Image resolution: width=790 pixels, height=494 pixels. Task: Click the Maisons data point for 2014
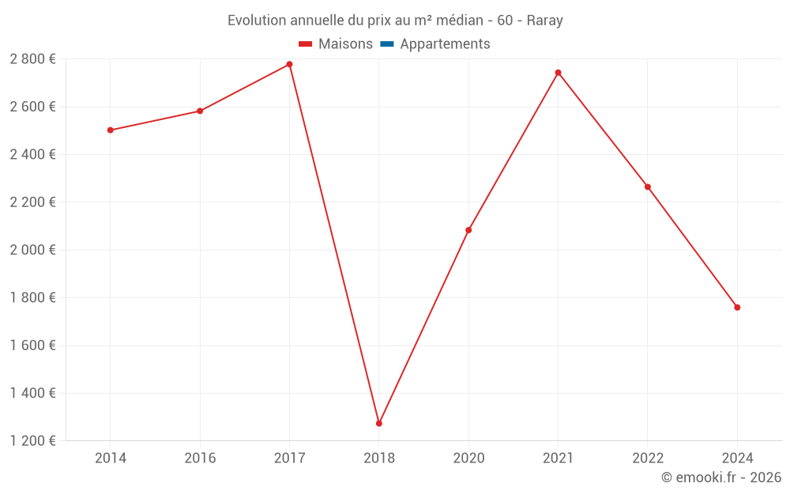click(x=110, y=130)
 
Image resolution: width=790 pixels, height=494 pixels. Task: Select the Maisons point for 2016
click(x=200, y=111)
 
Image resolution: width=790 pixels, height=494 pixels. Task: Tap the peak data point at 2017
click(x=289, y=64)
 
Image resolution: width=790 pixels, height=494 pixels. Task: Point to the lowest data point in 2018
click(x=379, y=424)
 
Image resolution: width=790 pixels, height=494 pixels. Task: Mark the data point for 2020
click(x=468, y=230)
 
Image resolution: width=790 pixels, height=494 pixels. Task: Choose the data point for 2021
click(x=558, y=73)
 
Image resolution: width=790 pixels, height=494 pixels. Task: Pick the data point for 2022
click(x=648, y=187)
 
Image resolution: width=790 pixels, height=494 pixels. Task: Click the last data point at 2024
click(x=737, y=307)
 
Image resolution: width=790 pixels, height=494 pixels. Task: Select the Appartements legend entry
click(x=445, y=44)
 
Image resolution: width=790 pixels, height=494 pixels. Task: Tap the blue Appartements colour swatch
click(x=386, y=44)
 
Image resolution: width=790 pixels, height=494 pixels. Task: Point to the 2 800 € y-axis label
click(x=32, y=59)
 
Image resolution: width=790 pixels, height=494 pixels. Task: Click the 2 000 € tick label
click(x=32, y=250)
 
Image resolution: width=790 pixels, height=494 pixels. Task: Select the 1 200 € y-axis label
click(x=32, y=441)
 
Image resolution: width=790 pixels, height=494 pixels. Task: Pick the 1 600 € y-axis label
click(x=32, y=345)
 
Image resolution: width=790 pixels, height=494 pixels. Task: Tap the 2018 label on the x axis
click(x=379, y=458)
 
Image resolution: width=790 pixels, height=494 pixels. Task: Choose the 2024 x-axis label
click(x=737, y=458)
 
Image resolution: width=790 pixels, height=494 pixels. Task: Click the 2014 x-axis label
click(x=110, y=458)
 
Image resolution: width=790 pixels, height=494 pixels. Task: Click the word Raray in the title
click(x=544, y=21)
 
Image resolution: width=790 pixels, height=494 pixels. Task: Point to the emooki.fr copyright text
click(x=721, y=477)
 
